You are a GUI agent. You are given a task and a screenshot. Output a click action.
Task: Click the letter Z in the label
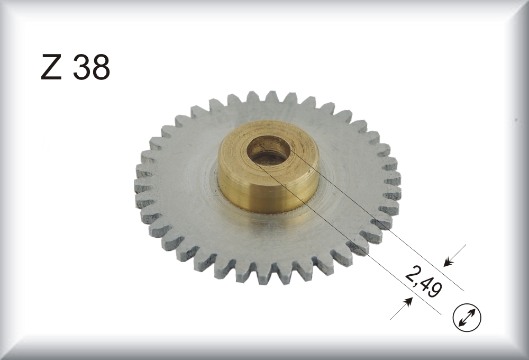pos(51,67)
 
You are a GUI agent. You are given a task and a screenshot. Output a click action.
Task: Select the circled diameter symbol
pos(467,318)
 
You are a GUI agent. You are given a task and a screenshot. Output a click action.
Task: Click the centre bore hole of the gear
pos(269,151)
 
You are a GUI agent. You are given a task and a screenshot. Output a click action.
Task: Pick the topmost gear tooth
pos(271,96)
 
